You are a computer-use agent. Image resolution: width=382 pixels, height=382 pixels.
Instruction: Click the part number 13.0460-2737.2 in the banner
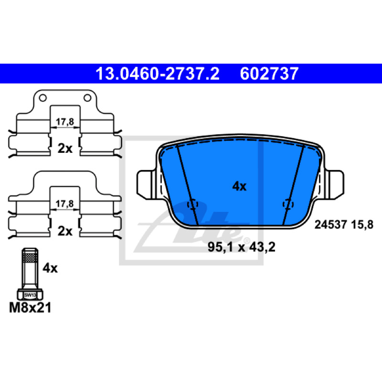click(158, 74)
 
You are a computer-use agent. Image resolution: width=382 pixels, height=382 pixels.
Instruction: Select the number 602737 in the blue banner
click(269, 74)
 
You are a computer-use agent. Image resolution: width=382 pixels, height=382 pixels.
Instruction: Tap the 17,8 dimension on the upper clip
click(65, 122)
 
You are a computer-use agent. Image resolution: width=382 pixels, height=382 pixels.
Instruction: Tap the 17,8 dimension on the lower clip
click(64, 203)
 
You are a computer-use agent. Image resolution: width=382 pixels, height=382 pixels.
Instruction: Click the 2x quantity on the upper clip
click(65, 148)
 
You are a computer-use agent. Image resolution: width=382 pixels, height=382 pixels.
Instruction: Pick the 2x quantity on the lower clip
click(65, 231)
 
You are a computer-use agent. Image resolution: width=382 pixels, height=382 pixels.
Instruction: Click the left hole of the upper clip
click(42, 98)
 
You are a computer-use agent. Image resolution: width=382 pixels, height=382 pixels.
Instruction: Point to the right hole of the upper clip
click(87, 98)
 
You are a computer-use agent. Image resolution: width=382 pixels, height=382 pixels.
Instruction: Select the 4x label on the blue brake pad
click(239, 186)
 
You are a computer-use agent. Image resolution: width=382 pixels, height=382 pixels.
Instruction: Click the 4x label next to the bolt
click(50, 268)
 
